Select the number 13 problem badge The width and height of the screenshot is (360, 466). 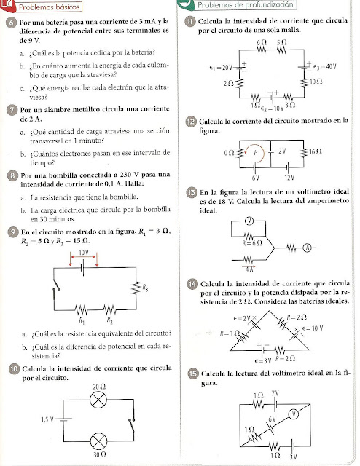coord(191,192)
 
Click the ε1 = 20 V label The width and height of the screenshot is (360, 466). coord(220,66)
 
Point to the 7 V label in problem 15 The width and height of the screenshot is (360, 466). coord(275,394)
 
